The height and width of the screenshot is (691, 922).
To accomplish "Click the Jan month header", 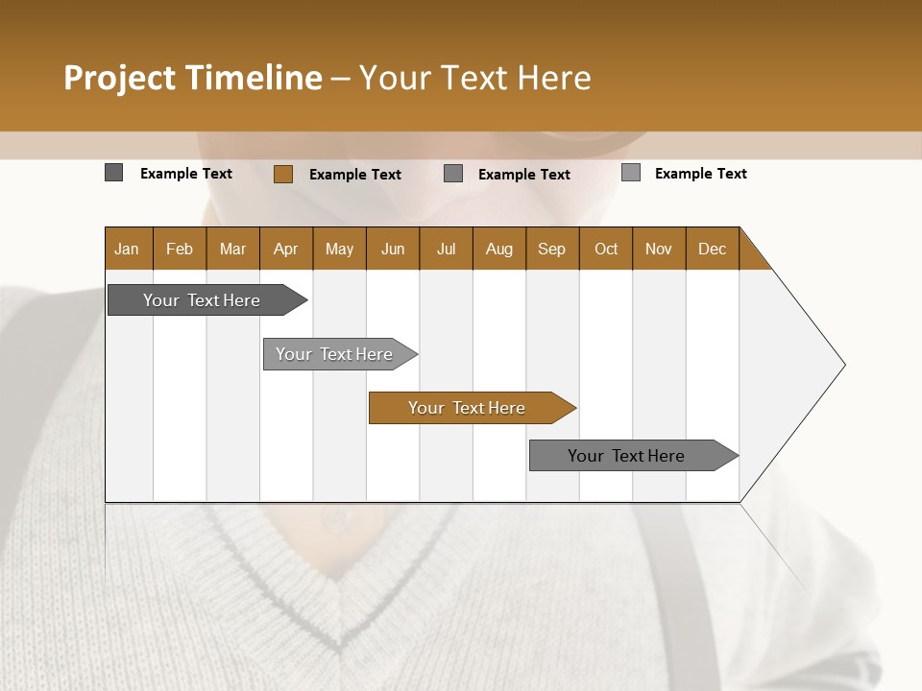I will coord(127,249).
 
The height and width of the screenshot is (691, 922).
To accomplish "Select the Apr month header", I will coord(285,249).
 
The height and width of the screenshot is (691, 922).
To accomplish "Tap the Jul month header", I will coord(446,249).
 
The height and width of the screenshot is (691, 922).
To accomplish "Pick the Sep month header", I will coord(551,249).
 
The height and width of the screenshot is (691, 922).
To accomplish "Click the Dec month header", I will coord(712,249).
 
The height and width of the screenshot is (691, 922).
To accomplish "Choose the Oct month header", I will coord(606,249).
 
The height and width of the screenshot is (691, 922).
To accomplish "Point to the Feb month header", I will coord(180,249).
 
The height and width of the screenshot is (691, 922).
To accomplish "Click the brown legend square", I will coord(282,174).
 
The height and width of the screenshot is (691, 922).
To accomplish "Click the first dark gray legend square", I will coord(113,173).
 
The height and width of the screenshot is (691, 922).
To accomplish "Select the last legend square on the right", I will coord(630,173).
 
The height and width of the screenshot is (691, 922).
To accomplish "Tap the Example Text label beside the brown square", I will coord(354,175).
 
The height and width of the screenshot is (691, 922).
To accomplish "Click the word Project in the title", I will coord(119,78).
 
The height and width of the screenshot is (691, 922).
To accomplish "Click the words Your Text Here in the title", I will coord(475,78).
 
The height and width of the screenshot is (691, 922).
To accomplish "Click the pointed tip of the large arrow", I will coord(842,364).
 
